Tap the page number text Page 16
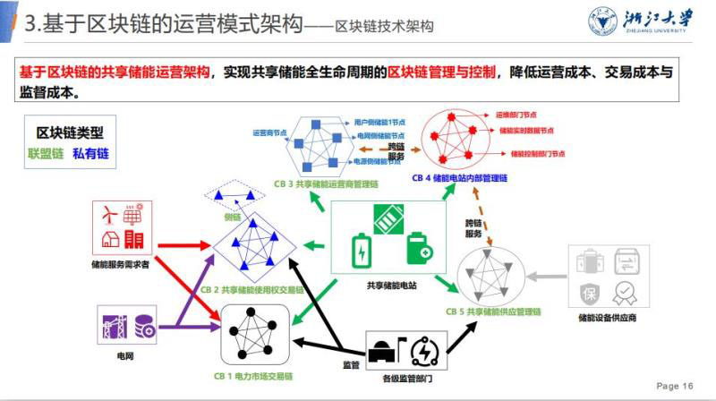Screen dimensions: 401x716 point(675,386)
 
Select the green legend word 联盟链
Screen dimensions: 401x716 point(45,154)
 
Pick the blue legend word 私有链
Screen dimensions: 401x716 point(89,154)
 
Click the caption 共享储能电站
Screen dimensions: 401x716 point(391,286)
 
